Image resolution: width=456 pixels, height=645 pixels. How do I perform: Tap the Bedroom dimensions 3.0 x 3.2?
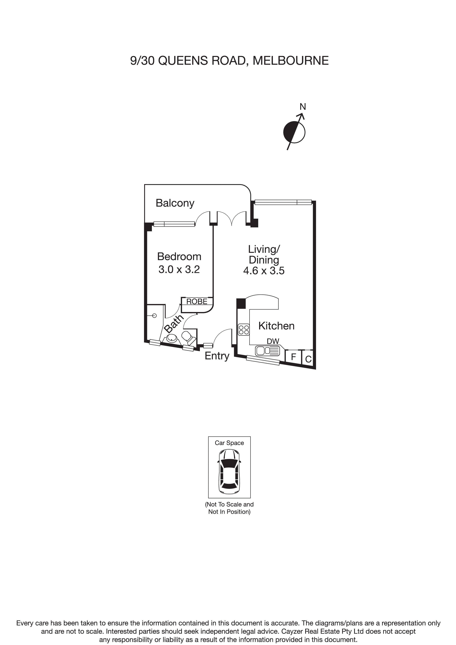click(x=179, y=269)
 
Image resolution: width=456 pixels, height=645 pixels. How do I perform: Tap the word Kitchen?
click(x=277, y=326)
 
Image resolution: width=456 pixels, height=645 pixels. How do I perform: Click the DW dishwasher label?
click(x=273, y=341)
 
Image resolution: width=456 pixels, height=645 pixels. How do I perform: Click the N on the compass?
click(x=303, y=107)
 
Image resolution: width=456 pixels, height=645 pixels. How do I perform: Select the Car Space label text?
click(x=229, y=443)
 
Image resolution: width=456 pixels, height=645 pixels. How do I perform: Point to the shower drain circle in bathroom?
click(x=154, y=316)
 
